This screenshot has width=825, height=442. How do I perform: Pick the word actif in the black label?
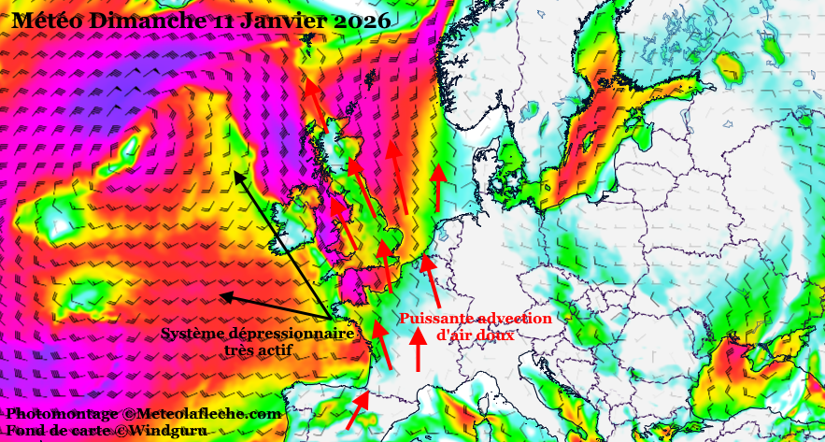(x=274, y=350)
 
